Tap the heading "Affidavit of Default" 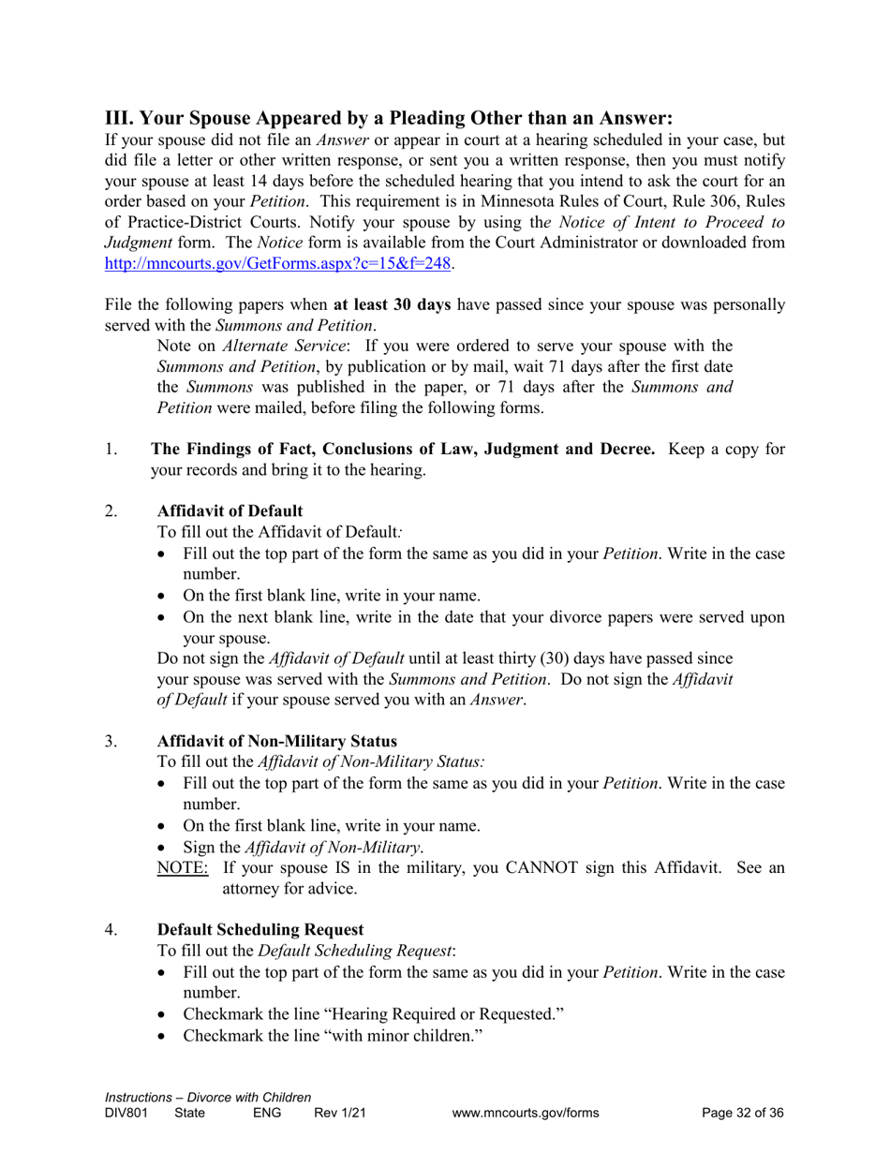230,510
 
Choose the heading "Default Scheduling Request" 260,930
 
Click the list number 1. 111,450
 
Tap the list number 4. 111,930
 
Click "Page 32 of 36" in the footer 742,1114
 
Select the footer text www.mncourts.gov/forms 525,1114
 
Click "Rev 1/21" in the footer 339,1114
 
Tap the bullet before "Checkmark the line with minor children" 166,1037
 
